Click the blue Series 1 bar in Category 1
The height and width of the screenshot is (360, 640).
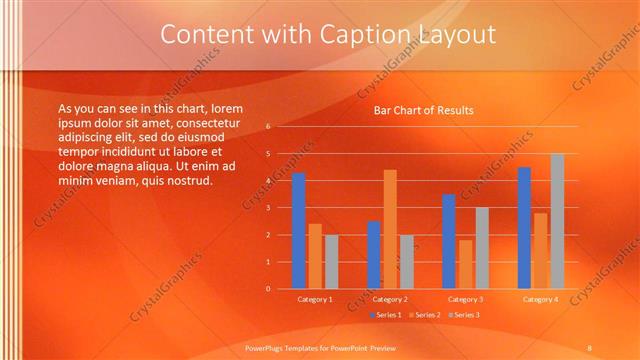coord(298,231)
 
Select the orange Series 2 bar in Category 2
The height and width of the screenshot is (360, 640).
coord(389,229)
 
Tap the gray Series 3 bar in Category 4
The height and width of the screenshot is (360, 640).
coord(557,221)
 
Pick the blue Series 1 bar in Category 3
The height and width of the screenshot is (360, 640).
coord(449,241)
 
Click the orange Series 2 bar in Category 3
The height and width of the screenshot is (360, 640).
coord(465,264)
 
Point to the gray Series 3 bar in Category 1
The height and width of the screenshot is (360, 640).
coord(331,262)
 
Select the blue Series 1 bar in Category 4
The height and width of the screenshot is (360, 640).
coord(524,228)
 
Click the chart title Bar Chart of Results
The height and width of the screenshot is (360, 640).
coord(424,110)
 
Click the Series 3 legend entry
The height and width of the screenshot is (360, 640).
coord(462,315)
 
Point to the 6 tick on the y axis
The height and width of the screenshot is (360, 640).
coord(268,127)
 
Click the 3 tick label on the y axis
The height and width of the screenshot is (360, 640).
coord(268,208)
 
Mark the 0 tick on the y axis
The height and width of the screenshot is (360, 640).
coord(268,289)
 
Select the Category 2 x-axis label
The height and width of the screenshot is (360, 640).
coord(390,299)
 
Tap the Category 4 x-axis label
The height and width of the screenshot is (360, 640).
coord(540,299)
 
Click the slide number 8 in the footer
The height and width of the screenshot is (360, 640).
coord(589,347)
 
